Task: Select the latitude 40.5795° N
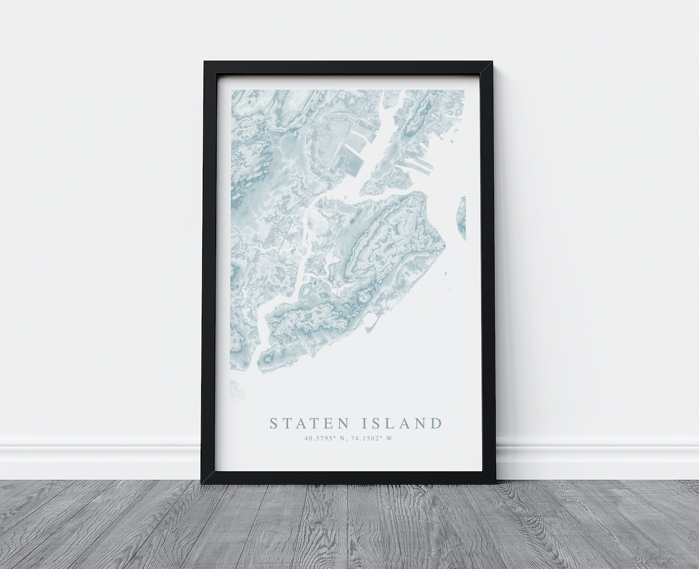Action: (x=325, y=438)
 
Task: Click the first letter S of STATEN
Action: (x=274, y=423)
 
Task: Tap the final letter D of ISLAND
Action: (x=435, y=423)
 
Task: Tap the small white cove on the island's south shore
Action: (x=370, y=321)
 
